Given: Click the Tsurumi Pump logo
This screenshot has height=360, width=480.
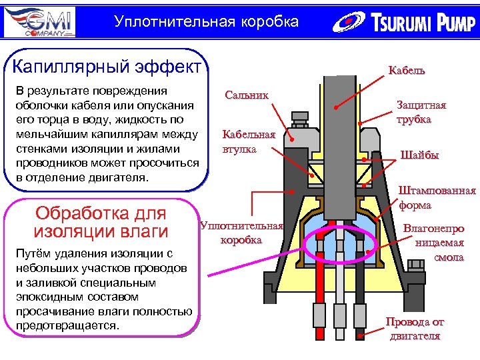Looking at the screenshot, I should [x=403, y=23].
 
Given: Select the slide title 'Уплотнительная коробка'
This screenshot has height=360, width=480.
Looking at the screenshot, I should [x=206, y=22].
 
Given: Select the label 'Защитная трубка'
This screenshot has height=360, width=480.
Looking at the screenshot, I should [x=421, y=112].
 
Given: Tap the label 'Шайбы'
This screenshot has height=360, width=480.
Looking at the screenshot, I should [x=419, y=155].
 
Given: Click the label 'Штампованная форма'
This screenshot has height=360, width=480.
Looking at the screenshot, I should [x=437, y=198].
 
